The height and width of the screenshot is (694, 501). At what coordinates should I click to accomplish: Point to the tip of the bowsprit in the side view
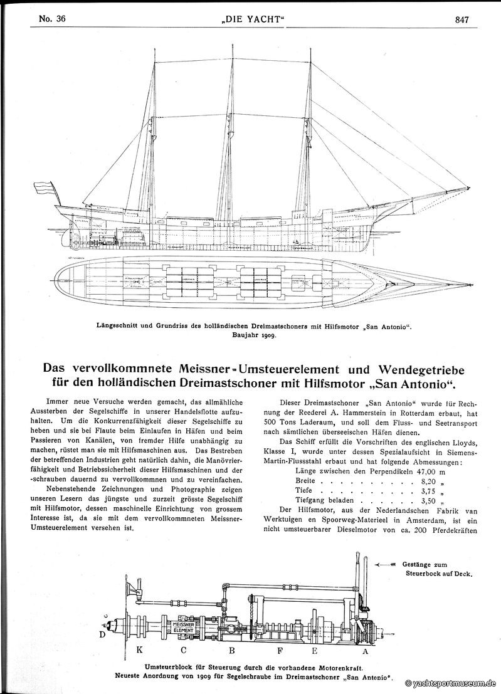pos(469,187)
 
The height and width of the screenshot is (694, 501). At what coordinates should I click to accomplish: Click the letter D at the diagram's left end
pos(102,634)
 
